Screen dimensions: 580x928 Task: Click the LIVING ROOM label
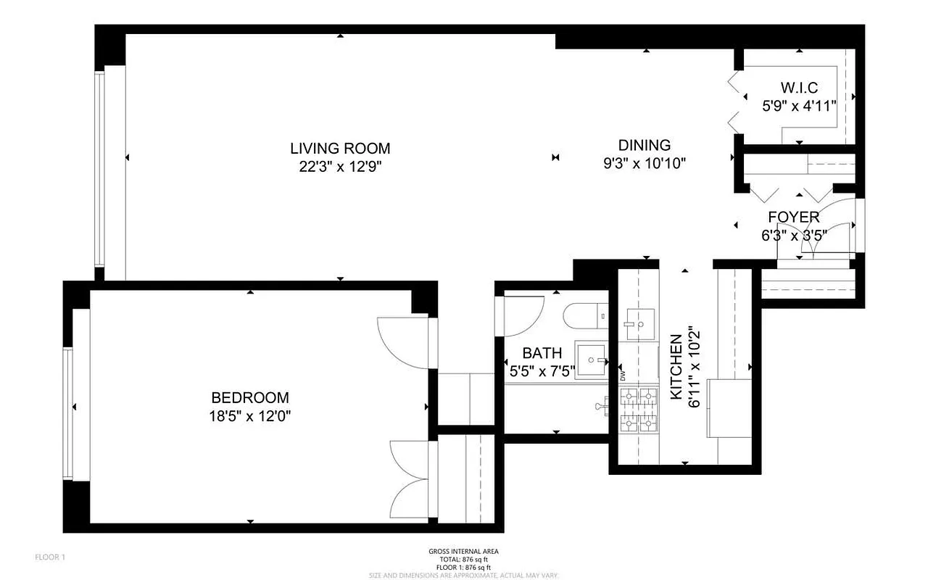coord(340,149)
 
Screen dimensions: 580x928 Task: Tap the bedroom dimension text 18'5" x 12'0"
coord(250,415)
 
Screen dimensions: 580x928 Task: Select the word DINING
coord(644,145)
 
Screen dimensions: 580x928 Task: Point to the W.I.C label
coord(799,88)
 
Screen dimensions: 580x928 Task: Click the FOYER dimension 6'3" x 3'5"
coord(793,235)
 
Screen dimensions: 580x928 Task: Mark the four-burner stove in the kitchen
coord(638,410)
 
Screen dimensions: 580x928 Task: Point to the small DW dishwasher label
coord(622,376)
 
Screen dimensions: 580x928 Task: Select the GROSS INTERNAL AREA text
coord(464,551)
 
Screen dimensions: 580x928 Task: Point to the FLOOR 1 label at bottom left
coord(51,557)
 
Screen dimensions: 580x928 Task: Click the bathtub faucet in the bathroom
coord(600,407)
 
